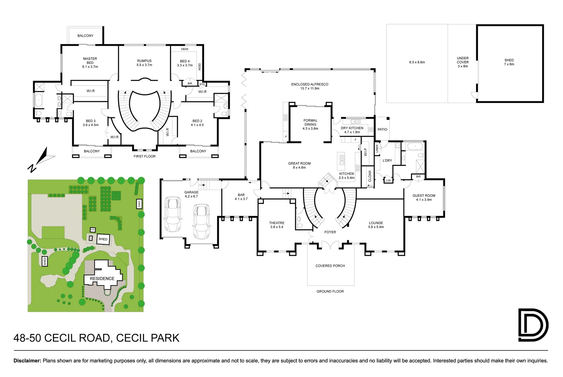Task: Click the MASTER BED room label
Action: (x=90, y=61)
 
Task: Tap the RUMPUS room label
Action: (x=144, y=61)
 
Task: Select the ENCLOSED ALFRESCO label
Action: (x=310, y=84)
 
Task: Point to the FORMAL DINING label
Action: (x=310, y=122)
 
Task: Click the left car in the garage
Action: (x=173, y=214)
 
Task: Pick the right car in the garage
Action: (x=201, y=221)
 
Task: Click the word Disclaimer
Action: (x=27, y=361)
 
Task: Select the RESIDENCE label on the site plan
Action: (x=102, y=279)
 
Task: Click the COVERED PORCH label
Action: (x=330, y=266)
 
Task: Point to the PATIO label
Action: (x=382, y=130)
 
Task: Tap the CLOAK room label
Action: (x=370, y=176)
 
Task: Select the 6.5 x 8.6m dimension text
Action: (x=417, y=62)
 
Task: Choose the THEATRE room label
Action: (x=277, y=223)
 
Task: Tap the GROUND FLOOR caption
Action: (x=330, y=291)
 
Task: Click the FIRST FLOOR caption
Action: (x=145, y=156)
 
